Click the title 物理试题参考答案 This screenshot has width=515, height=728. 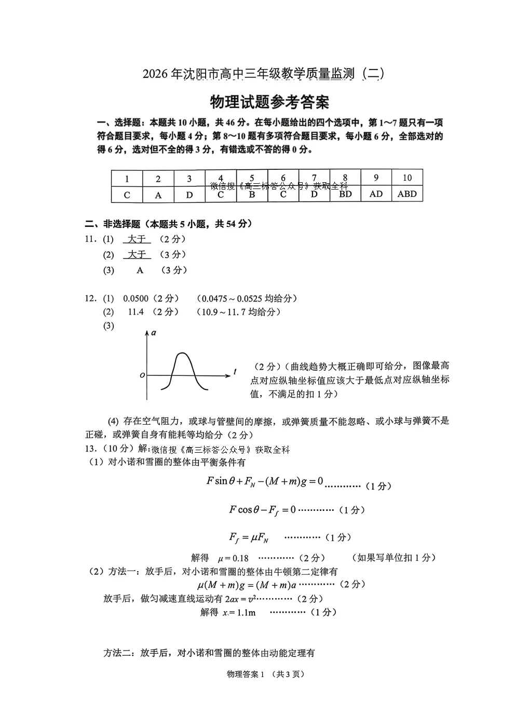(x=269, y=102)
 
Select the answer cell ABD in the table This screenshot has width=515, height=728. (x=407, y=194)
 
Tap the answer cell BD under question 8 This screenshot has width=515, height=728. (x=345, y=194)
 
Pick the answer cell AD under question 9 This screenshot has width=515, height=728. (x=376, y=194)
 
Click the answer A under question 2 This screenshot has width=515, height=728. (x=158, y=195)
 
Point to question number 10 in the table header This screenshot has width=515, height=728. (x=407, y=178)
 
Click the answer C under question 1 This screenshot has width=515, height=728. (x=127, y=195)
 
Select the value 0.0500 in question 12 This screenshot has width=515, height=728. (x=135, y=299)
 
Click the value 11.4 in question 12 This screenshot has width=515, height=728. (x=135, y=312)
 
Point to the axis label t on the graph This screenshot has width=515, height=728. (x=235, y=372)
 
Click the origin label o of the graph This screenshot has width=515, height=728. (x=142, y=375)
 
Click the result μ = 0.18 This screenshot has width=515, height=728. (x=233, y=558)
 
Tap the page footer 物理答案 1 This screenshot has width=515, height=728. (x=246, y=674)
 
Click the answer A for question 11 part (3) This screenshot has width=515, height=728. (x=140, y=270)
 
